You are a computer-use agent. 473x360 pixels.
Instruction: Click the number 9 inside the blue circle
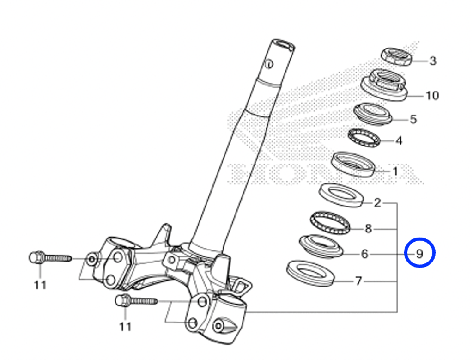click(419, 254)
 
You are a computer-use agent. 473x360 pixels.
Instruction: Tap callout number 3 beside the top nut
click(432, 61)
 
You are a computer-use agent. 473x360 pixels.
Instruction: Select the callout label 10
click(432, 95)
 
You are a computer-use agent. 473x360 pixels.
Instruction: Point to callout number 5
click(413, 119)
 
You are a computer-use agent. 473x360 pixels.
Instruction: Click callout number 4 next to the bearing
click(399, 140)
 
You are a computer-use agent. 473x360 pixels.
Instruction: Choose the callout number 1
click(395, 171)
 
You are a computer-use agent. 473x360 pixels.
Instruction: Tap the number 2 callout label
click(377, 203)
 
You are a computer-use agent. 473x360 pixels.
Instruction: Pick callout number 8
click(368, 228)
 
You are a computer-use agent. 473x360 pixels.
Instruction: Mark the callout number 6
click(365, 254)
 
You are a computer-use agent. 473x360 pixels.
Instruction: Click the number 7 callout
click(358, 281)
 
